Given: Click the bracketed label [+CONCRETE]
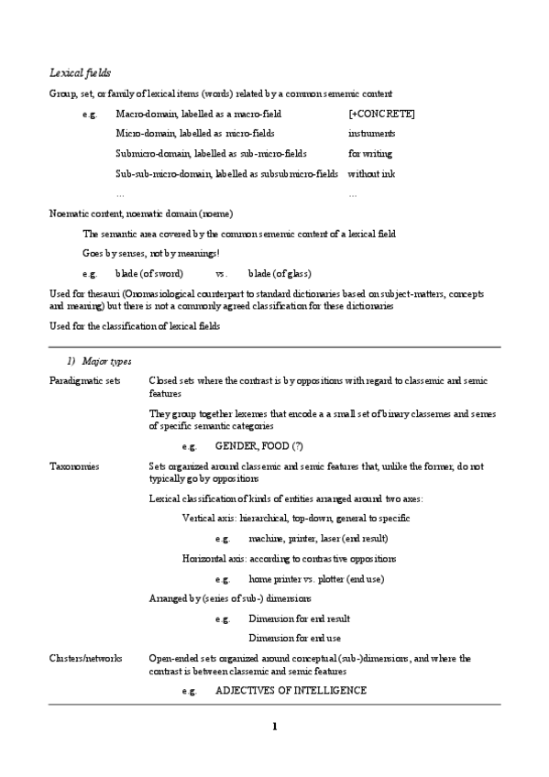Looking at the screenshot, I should click(x=381, y=114).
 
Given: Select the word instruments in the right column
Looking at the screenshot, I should click(x=372, y=134).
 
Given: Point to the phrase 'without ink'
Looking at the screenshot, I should click(x=371, y=174).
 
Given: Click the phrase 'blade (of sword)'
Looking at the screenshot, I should click(x=149, y=274).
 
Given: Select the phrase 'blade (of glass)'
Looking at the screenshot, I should click(x=280, y=274).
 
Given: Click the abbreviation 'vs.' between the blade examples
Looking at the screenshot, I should click(x=221, y=274).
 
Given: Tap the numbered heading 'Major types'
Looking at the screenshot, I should click(x=106, y=362).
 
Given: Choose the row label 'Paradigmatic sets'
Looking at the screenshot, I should click(x=84, y=380).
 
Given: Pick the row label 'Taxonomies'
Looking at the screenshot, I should click(x=74, y=466).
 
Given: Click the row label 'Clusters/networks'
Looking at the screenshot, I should click(x=84, y=659).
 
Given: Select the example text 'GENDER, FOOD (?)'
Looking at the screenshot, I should click(x=258, y=446).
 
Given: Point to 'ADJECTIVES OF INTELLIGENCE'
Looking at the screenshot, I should click(x=291, y=690).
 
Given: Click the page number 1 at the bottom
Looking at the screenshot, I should click(x=274, y=728).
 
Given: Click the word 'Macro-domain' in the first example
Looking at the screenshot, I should click(x=142, y=114).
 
